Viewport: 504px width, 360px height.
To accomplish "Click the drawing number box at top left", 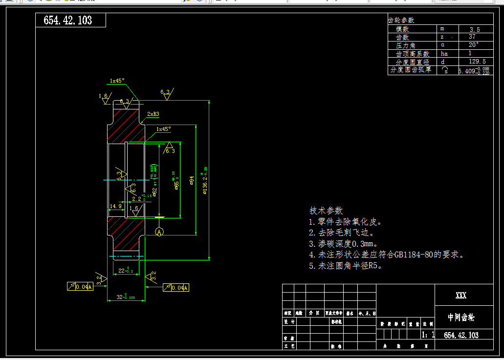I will (70, 20).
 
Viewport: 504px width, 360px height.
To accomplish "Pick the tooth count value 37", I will (472, 37).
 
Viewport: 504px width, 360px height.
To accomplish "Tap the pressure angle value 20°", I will (473, 45).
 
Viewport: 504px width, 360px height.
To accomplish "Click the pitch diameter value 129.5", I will (477, 62).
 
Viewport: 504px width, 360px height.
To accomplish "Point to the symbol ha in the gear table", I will (444, 53).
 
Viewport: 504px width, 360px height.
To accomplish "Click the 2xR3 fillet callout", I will (153, 114).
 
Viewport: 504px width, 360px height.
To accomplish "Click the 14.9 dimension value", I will (116, 206).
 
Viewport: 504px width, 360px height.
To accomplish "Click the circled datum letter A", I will (159, 233).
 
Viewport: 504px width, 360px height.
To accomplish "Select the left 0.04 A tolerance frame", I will (80, 287).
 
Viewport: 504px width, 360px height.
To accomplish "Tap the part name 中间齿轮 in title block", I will (461, 318).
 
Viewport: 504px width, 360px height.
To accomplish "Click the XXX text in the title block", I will (460, 296).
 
